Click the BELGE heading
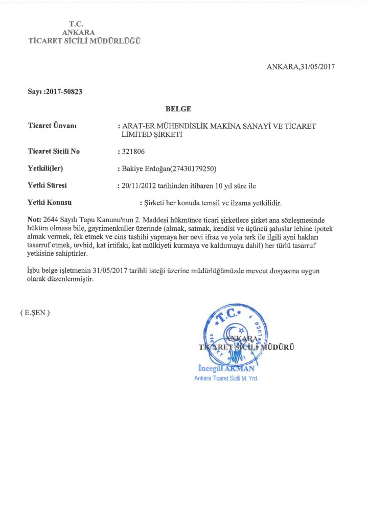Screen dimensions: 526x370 [178, 108]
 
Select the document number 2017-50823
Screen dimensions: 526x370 [63, 92]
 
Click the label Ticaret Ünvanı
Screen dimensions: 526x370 [52, 126]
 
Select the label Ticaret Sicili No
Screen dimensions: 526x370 [54, 152]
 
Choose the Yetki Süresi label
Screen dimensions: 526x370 [48, 185]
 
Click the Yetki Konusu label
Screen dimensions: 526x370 [50, 203]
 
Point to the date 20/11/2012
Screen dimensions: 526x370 [138, 185]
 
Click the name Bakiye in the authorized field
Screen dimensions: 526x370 [132, 169]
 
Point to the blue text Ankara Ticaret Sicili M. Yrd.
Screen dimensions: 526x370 [226, 378]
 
